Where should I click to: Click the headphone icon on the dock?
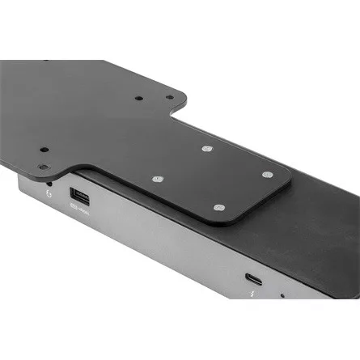[x=49, y=194]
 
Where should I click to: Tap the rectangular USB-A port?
[x=80, y=197]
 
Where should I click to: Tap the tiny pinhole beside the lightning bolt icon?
[x=281, y=296]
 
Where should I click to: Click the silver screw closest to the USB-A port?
[x=157, y=180]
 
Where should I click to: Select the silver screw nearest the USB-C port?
[x=218, y=207]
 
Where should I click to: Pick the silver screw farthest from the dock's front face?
[x=207, y=149]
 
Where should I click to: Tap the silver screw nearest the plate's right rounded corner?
[x=267, y=174]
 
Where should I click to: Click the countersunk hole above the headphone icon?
[x=44, y=167]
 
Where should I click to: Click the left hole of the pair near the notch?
[x=138, y=99]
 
